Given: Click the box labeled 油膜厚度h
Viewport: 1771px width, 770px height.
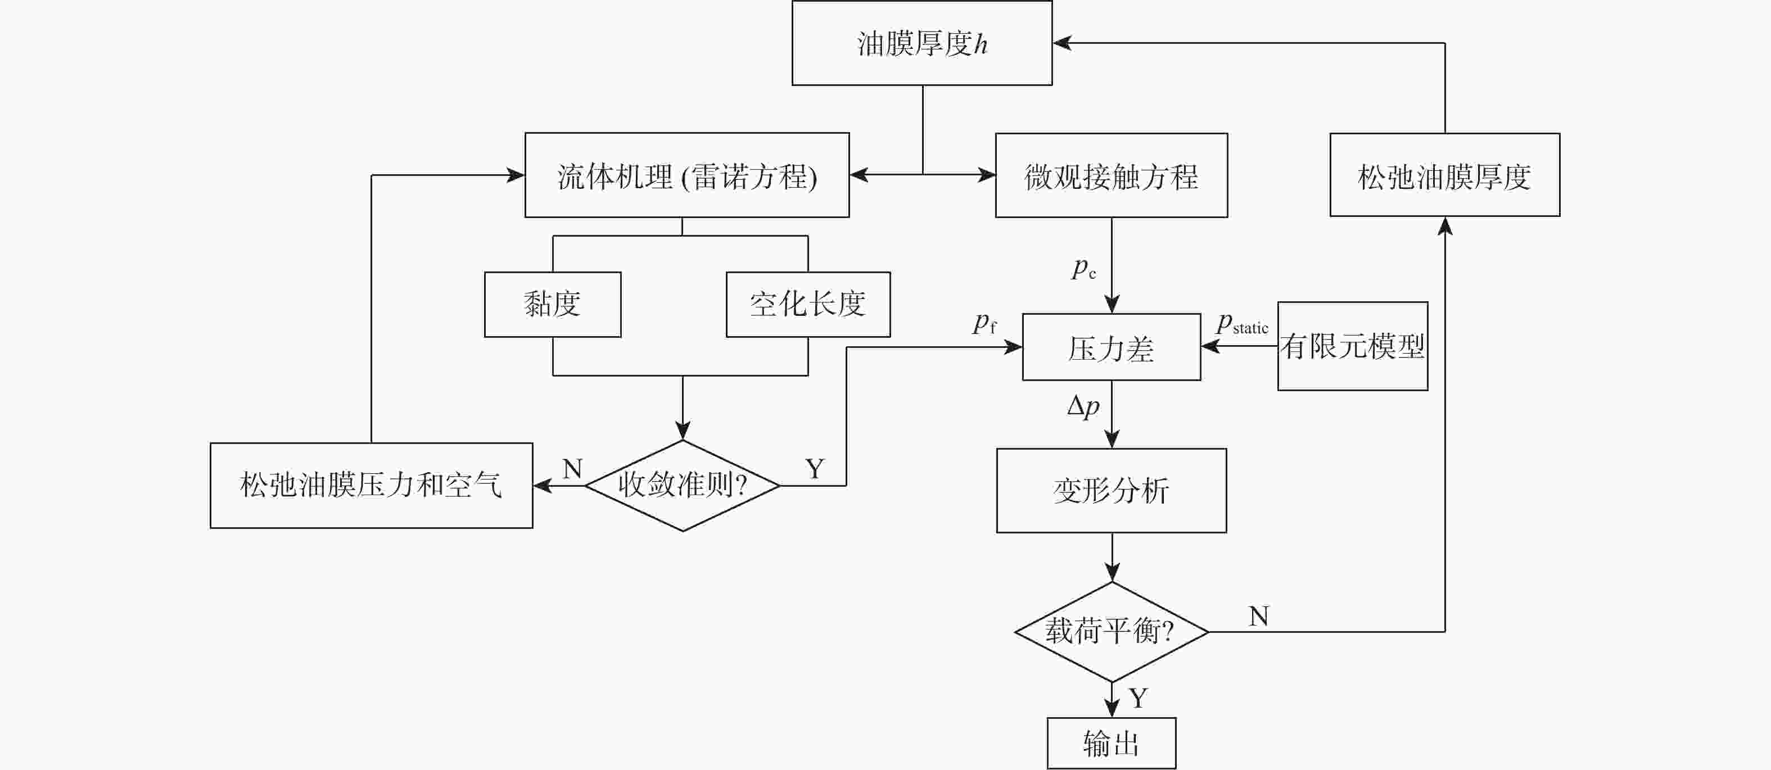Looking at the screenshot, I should click(922, 43).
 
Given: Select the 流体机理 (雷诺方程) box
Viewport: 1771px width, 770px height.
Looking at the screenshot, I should click(687, 176).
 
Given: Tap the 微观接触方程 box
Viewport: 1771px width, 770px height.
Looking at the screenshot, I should click(1111, 176).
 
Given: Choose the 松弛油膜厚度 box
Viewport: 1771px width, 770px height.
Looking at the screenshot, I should click(1444, 176).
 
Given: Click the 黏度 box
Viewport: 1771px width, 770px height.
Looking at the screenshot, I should click(552, 305).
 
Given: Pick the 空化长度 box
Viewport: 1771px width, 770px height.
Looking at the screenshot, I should click(808, 305).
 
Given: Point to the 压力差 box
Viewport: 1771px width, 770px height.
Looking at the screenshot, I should click(1111, 348).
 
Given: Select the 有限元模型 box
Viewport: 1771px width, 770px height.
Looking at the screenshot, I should click(1352, 346).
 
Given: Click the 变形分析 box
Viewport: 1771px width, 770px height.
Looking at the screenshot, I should click(1111, 491).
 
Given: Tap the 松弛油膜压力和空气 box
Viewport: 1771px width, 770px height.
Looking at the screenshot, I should click(371, 486).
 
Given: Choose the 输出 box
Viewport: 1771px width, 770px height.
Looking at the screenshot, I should click(1111, 743).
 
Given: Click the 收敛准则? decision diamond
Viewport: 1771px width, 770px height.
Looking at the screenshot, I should click(682, 486).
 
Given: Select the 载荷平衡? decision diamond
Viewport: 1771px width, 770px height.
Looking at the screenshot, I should click(1111, 631).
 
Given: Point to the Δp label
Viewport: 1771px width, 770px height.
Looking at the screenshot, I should click(1083, 406).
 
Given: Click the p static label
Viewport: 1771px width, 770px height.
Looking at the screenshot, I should click(1241, 324).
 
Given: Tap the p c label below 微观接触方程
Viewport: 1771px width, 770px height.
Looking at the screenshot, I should click(1083, 268).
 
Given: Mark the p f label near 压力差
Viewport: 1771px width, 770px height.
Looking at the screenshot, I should click(984, 323).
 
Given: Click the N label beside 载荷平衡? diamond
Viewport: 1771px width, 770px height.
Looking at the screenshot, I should click(1258, 617).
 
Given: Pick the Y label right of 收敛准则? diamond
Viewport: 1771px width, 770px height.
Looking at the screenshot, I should click(815, 469).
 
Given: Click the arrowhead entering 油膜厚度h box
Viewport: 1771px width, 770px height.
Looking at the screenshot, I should click(1062, 43).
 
